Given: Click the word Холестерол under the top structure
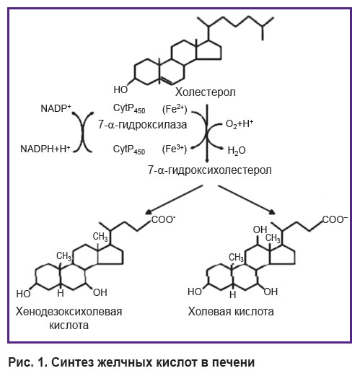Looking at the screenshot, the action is pyautogui.click(x=206, y=92).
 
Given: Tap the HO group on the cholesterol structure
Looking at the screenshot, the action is pyautogui.click(x=120, y=89).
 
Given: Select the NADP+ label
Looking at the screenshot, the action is pyautogui.click(x=56, y=108).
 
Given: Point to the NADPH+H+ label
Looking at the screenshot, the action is pyautogui.click(x=45, y=149).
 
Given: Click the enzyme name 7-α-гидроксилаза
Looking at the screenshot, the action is pyautogui.click(x=142, y=125).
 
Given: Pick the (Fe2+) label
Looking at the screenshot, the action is pyautogui.click(x=175, y=109).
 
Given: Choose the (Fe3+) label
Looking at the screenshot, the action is pyautogui.click(x=175, y=149).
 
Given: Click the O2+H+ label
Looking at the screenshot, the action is pyautogui.click(x=240, y=124).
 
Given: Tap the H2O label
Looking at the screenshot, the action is pyautogui.click(x=237, y=151).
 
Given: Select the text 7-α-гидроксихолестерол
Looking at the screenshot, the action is pyautogui.click(x=210, y=170).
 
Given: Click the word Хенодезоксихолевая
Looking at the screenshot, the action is pyautogui.click(x=69, y=312).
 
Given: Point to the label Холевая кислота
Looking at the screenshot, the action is pyautogui.click(x=231, y=312).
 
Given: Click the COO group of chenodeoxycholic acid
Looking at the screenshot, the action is pyautogui.click(x=163, y=220).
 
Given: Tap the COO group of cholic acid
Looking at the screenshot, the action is pyautogui.click(x=335, y=219).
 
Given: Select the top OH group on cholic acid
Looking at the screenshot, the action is pyautogui.click(x=260, y=230).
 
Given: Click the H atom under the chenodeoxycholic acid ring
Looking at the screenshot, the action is pyautogui.click(x=61, y=294).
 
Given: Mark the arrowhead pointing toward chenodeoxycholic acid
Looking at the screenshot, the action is pyautogui.click(x=149, y=211).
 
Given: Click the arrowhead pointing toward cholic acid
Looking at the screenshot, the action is pyautogui.click(x=271, y=211).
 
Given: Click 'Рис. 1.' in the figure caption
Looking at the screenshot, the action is pyautogui.click(x=27, y=362).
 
